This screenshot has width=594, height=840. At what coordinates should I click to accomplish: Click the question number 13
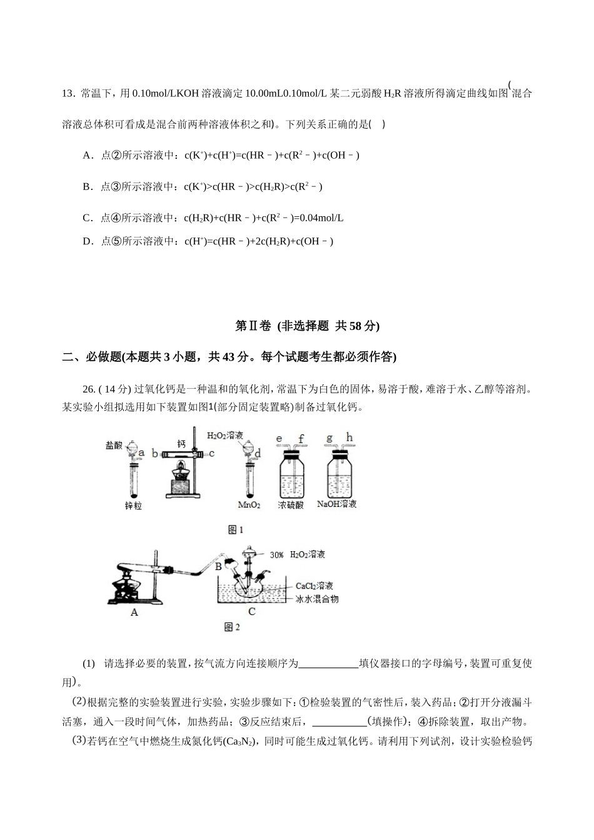click(68, 94)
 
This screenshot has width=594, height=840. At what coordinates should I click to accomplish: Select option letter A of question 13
click(88, 155)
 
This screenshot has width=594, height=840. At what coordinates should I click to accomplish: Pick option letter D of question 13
click(88, 241)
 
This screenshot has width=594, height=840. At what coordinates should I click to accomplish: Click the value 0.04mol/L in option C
click(321, 218)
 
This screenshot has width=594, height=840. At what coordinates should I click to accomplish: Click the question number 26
click(89, 389)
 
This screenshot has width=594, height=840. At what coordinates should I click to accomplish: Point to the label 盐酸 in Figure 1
click(114, 446)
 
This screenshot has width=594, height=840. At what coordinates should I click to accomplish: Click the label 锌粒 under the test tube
click(133, 506)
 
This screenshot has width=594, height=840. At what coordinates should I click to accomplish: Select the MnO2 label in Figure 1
click(249, 504)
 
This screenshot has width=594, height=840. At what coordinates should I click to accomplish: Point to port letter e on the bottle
click(279, 439)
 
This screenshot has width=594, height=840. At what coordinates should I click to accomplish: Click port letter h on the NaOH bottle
click(349, 437)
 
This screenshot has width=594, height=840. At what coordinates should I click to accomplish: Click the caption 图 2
click(231, 627)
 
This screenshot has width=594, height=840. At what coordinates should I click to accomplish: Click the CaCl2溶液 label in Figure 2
click(314, 586)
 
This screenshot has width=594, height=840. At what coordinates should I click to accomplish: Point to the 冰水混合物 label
click(317, 599)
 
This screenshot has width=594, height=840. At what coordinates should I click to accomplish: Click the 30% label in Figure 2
click(276, 555)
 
